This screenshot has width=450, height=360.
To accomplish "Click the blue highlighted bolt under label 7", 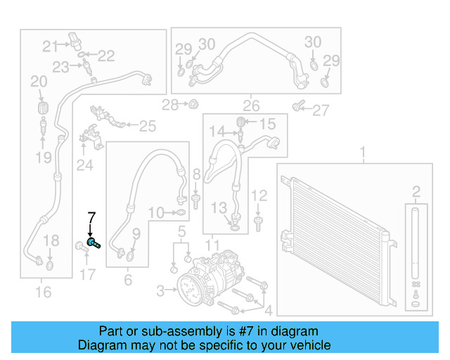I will click(94, 243).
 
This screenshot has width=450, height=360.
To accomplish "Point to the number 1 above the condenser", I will click(364, 152).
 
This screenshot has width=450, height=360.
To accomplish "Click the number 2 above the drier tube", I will click(416, 191).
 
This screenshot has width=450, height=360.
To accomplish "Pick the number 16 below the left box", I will click(44, 291).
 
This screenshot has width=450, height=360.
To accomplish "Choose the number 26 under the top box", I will click(252, 107).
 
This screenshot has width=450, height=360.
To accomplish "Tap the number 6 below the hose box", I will click(127, 280).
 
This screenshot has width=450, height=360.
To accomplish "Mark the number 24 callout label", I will click(85, 166).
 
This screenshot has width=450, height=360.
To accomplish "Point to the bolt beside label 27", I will click(298, 106).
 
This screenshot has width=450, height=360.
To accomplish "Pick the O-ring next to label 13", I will click(234, 226).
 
